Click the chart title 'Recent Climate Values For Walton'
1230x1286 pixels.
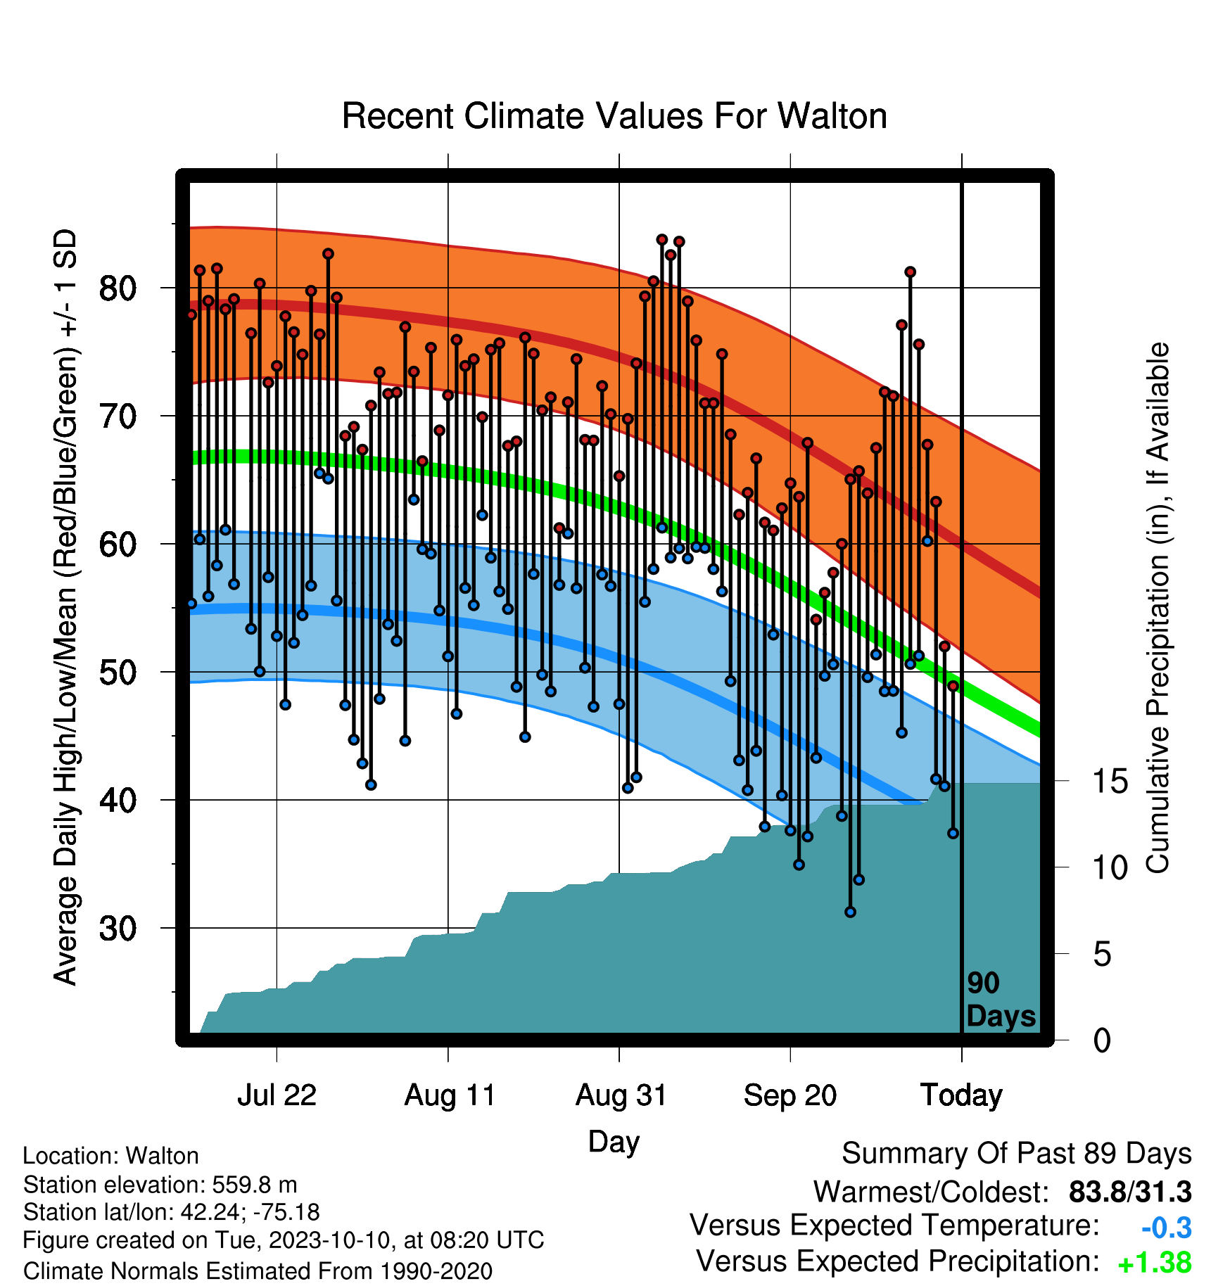614,116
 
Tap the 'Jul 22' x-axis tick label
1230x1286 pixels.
277,1095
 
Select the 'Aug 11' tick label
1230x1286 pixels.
450,1095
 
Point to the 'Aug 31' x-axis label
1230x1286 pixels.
621,1095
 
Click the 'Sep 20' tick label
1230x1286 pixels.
790,1095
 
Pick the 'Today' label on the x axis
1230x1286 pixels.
961,1095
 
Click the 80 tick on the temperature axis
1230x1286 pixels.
118,288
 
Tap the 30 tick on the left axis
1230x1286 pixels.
118,929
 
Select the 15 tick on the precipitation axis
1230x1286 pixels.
1110,782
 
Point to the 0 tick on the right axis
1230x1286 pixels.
1102,1040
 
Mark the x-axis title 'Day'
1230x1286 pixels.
614,1142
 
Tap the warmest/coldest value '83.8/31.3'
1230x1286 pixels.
1130,1192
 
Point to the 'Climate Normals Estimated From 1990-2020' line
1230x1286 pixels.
258,1271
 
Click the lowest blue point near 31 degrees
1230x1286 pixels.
850,912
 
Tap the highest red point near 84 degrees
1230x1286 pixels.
661,240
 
